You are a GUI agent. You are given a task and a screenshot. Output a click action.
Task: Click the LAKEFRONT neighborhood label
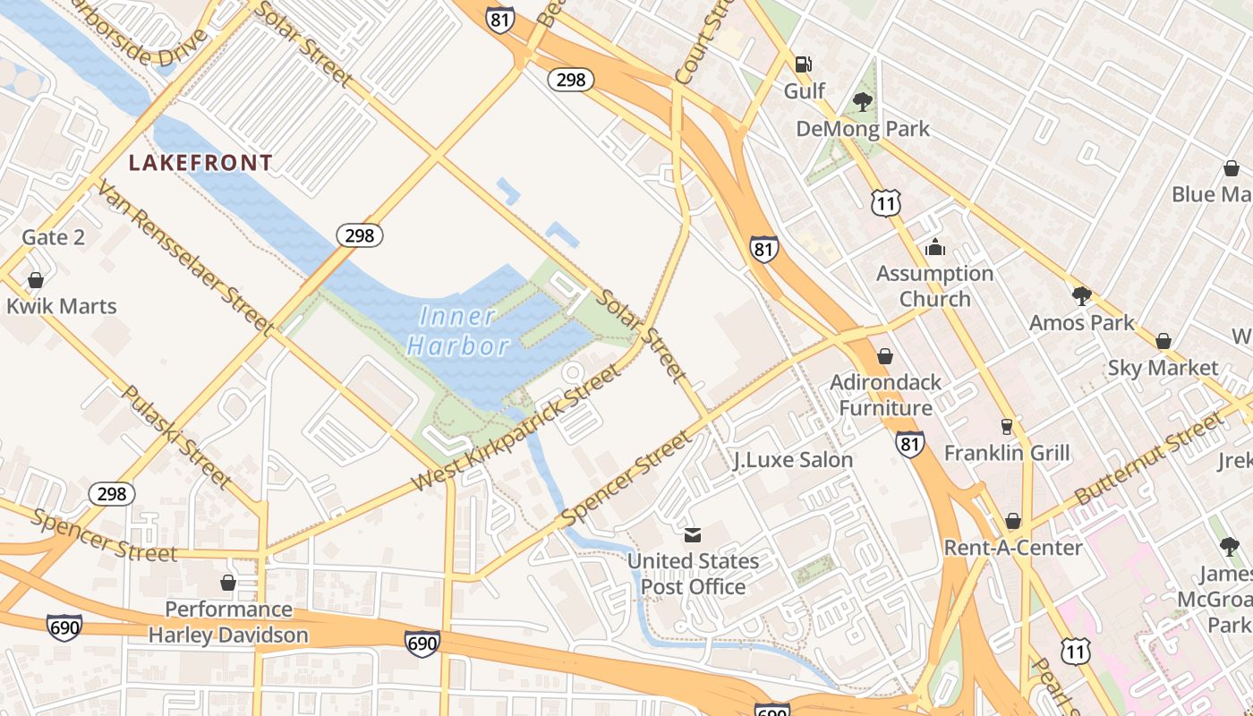(x=200, y=163)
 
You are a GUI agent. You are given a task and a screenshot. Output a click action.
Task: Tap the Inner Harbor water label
(x=457, y=331)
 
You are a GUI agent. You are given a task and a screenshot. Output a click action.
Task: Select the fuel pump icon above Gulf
(x=804, y=64)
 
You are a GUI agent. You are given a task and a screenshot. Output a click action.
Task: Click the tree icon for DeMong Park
(x=863, y=102)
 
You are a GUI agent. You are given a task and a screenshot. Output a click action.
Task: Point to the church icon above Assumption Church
(x=935, y=247)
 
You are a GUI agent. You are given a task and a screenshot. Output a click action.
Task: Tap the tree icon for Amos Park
(x=1081, y=296)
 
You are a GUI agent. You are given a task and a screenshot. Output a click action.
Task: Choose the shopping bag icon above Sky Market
(x=1163, y=341)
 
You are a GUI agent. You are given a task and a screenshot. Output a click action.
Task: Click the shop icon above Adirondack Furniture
(x=885, y=356)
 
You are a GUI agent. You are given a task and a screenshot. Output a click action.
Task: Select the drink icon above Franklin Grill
(x=1007, y=427)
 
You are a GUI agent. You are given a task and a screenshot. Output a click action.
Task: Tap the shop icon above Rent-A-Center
(x=1013, y=521)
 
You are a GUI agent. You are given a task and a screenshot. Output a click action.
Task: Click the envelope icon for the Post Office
(x=693, y=535)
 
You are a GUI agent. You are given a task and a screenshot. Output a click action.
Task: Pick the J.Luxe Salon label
(x=793, y=460)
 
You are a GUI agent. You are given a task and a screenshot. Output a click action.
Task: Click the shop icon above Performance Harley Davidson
(x=228, y=583)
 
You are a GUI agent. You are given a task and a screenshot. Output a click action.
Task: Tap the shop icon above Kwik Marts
(x=36, y=280)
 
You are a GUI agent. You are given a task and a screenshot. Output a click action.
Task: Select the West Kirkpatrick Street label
(x=516, y=429)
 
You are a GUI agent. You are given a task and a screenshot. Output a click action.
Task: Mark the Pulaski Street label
(x=175, y=438)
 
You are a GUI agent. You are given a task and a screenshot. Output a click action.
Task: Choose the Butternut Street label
(x=1147, y=457)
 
